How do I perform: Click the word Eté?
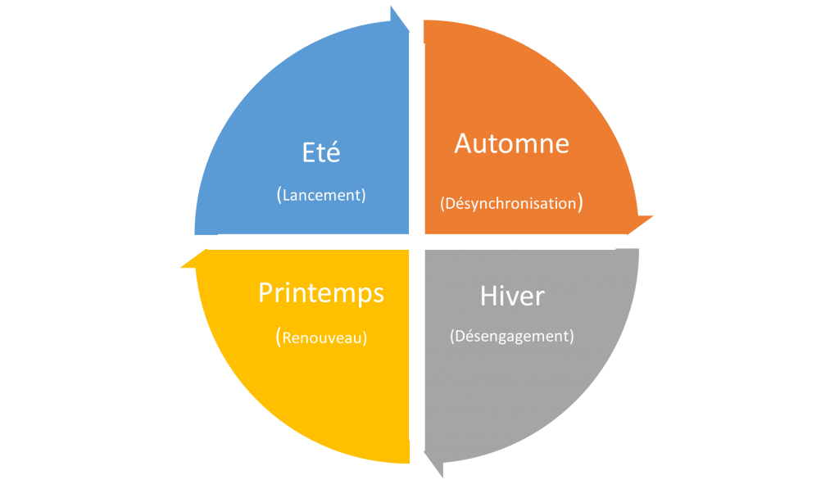pyautogui.click(x=321, y=152)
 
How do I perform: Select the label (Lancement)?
pyautogui.click(x=321, y=195)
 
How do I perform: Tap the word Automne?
pyautogui.click(x=511, y=143)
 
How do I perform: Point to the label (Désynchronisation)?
pyautogui.click(x=511, y=203)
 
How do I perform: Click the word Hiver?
pyautogui.click(x=512, y=296)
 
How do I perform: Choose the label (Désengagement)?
pyautogui.click(x=511, y=336)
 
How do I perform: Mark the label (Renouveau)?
pyautogui.click(x=321, y=337)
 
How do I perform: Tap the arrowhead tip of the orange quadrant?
pyautogui.click(x=653, y=216)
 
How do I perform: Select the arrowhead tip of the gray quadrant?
pyautogui.click(x=442, y=478)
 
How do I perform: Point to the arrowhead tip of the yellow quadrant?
pyautogui.click(x=180, y=266)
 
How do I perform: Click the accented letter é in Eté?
pyautogui.click(x=333, y=152)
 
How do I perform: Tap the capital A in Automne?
pyautogui.click(x=464, y=143)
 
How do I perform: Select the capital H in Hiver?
pyautogui.click(x=488, y=296)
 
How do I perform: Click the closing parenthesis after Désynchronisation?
pyautogui.click(x=581, y=203)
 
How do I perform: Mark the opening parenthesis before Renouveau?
pyautogui.click(x=279, y=337)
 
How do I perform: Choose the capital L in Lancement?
pyautogui.click(x=286, y=195)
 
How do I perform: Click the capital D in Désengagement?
pyautogui.click(x=460, y=336)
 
